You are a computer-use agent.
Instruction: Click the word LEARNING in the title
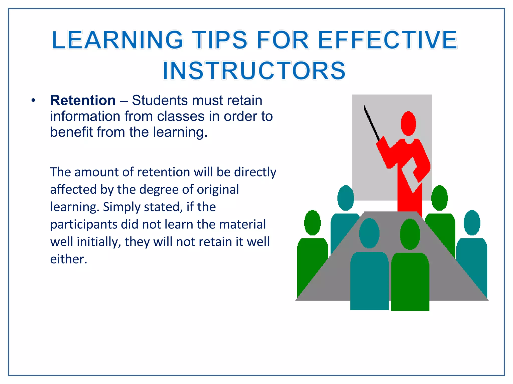click(x=117, y=40)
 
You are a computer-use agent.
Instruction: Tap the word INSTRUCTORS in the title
click(x=254, y=71)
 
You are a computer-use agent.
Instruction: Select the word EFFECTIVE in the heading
click(x=388, y=40)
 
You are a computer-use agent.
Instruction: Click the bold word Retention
click(x=83, y=100)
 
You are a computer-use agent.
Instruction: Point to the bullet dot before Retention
click(x=33, y=101)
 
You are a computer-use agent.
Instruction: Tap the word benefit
click(x=71, y=132)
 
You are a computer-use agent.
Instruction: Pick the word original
click(x=218, y=189)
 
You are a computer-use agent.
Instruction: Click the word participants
click(x=83, y=224)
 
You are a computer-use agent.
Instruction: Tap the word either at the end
click(x=68, y=259)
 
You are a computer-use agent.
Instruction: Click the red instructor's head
click(x=408, y=123)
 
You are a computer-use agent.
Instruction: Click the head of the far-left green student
click(x=312, y=223)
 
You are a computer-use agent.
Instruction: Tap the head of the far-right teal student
click(x=472, y=223)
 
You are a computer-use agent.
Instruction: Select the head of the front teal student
click(x=369, y=233)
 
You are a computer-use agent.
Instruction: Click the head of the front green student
click(x=410, y=234)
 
